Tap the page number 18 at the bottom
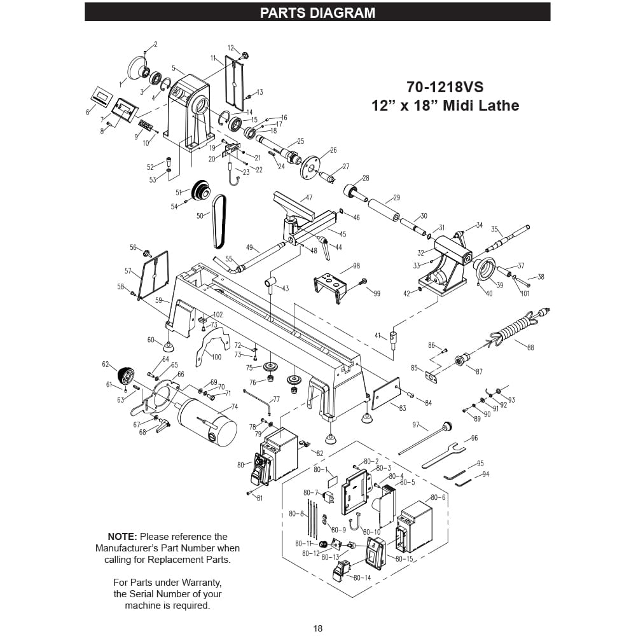coord(318,628)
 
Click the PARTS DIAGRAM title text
coord(317,13)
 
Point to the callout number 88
coord(530,347)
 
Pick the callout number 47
coord(309,198)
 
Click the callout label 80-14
coord(362,577)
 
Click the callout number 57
coord(128,271)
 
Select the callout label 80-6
coord(438,497)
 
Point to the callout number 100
coord(216,357)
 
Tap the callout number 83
coord(402,408)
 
